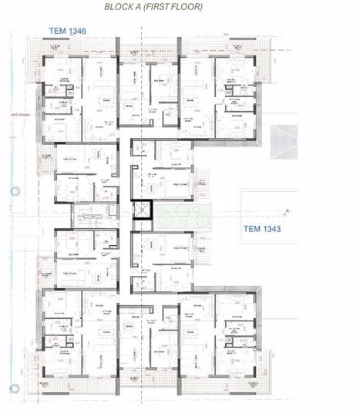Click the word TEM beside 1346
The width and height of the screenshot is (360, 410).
(57, 32)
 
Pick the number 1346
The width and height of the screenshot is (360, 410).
(78, 32)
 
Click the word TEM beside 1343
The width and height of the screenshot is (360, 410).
(252, 229)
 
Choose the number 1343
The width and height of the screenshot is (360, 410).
(273, 229)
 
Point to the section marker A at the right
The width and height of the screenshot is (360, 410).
(287, 210)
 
